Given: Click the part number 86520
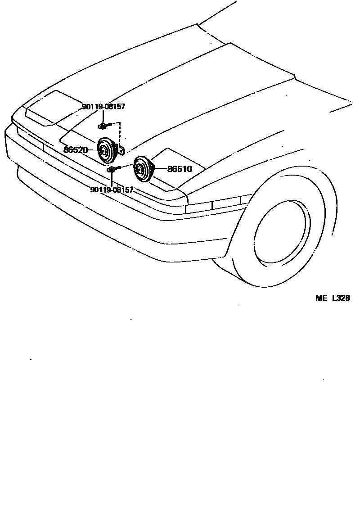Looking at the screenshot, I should (x=75, y=150).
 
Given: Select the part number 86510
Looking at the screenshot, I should (x=180, y=169).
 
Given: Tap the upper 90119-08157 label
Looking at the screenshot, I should (x=103, y=107).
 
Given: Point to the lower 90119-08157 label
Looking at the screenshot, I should (x=112, y=190).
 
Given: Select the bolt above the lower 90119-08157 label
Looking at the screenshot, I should (x=111, y=169).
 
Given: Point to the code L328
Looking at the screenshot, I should (x=341, y=298).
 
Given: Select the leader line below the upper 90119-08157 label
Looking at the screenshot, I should (x=103, y=117).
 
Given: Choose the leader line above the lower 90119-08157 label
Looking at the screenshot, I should (x=111, y=179).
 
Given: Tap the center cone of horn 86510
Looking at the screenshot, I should (x=141, y=170).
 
